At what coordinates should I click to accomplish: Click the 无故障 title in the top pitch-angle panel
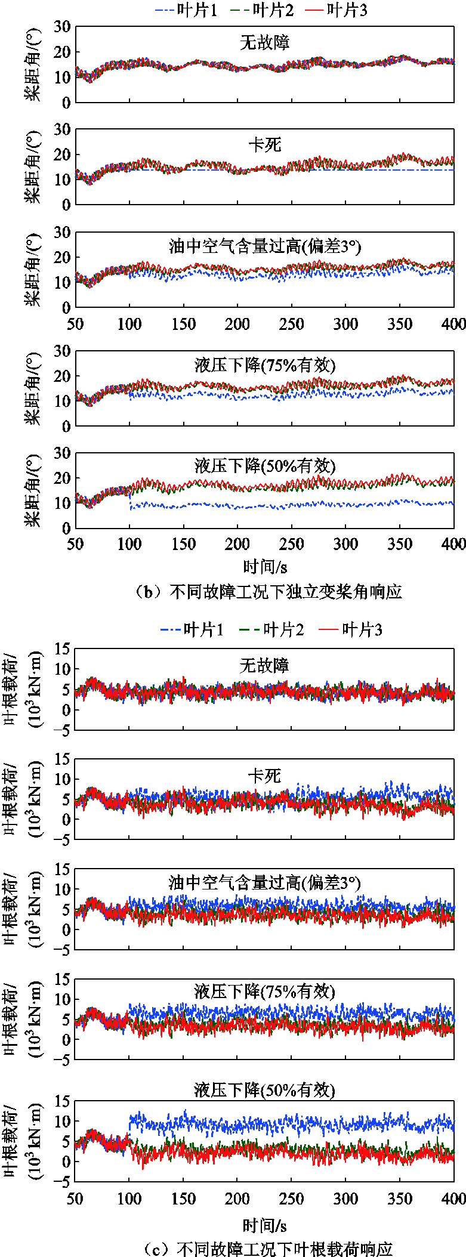point(264,43)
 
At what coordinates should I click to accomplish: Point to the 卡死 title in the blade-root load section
point(264,776)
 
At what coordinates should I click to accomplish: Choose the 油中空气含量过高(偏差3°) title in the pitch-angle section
point(265,246)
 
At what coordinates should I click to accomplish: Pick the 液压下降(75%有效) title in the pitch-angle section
point(265,365)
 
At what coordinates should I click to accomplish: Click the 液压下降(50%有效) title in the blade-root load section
point(264,1091)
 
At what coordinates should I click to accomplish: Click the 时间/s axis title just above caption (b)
point(265,567)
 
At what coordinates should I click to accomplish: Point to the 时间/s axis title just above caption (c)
point(265,1226)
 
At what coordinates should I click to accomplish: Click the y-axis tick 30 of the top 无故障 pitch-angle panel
point(62,27)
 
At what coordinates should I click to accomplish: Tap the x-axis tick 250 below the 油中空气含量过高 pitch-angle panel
point(291,325)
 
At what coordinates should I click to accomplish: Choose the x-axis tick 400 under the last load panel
point(454,1199)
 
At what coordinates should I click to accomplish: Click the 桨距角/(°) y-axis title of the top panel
point(33,64)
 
